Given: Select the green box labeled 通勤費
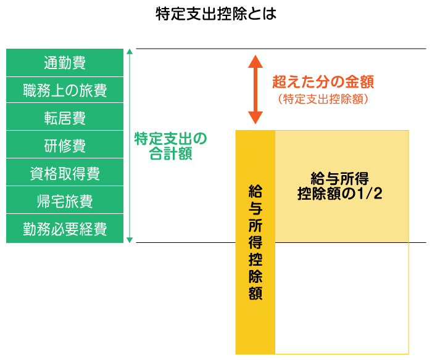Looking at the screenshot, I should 65,62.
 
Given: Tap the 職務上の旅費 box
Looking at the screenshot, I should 65,90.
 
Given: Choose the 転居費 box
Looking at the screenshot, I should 65,118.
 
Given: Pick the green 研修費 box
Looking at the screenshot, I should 65,145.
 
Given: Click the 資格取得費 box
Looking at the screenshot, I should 65,173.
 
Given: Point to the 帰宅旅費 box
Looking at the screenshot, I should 65,201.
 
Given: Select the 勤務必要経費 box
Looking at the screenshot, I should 65,229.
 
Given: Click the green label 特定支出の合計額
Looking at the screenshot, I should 170,145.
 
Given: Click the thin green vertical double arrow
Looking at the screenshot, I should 129,145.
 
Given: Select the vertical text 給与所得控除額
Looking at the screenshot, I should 255,242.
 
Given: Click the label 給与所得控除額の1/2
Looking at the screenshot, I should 340,186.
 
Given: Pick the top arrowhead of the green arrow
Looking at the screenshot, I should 129,52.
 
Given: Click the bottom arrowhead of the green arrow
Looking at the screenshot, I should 129,240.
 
